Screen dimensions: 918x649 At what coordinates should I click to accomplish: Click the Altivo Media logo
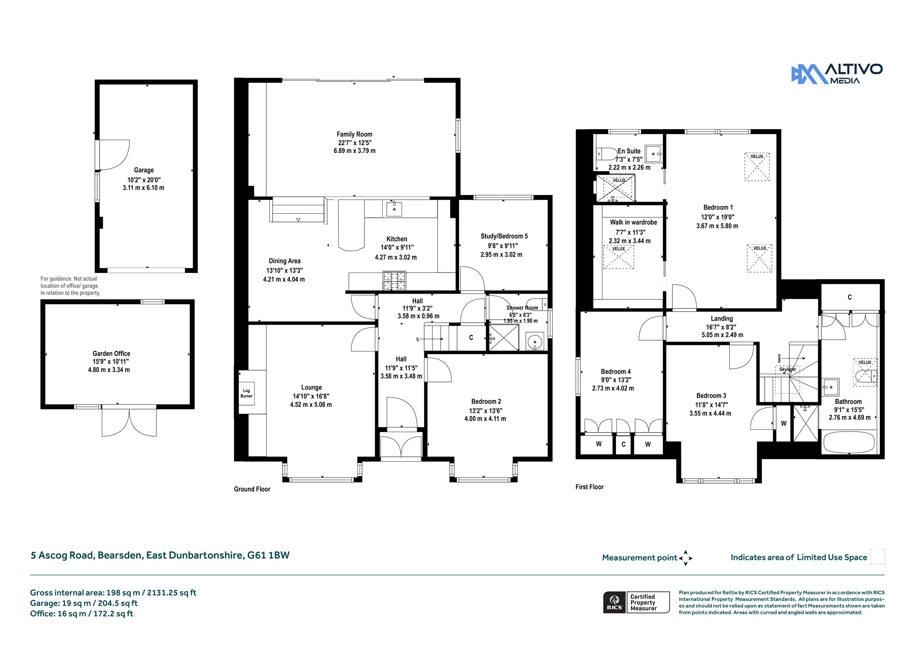coord(836,74)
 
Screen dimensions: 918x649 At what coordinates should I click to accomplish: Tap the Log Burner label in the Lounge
coord(247,394)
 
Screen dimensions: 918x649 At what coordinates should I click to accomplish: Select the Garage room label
coord(144,170)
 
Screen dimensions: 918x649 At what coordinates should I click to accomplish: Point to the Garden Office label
coord(112,354)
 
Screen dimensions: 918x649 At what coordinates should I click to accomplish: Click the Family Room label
coord(355,134)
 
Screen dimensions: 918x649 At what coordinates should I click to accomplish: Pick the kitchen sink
coord(394,209)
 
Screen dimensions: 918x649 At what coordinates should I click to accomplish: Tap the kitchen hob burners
coord(394,281)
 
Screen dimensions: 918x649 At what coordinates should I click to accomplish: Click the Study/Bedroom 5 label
coord(504,236)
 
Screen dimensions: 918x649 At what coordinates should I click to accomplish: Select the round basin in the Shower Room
coord(535,342)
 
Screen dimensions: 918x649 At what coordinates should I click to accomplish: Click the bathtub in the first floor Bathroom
coord(849,442)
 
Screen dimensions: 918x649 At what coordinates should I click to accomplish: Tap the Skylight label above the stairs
coord(788,370)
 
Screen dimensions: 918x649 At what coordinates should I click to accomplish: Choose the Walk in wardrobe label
coord(633,222)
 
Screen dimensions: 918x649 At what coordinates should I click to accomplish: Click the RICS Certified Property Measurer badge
coord(637,602)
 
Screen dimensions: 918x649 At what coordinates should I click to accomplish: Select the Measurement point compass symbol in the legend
coord(685,558)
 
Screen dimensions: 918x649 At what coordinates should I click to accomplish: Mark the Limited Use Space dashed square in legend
coord(878,556)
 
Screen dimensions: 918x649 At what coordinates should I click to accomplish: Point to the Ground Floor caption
coord(252,489)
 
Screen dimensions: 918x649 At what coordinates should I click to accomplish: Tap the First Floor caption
coord(589,487)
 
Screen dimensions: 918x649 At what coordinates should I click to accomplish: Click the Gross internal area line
coord(113,593)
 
